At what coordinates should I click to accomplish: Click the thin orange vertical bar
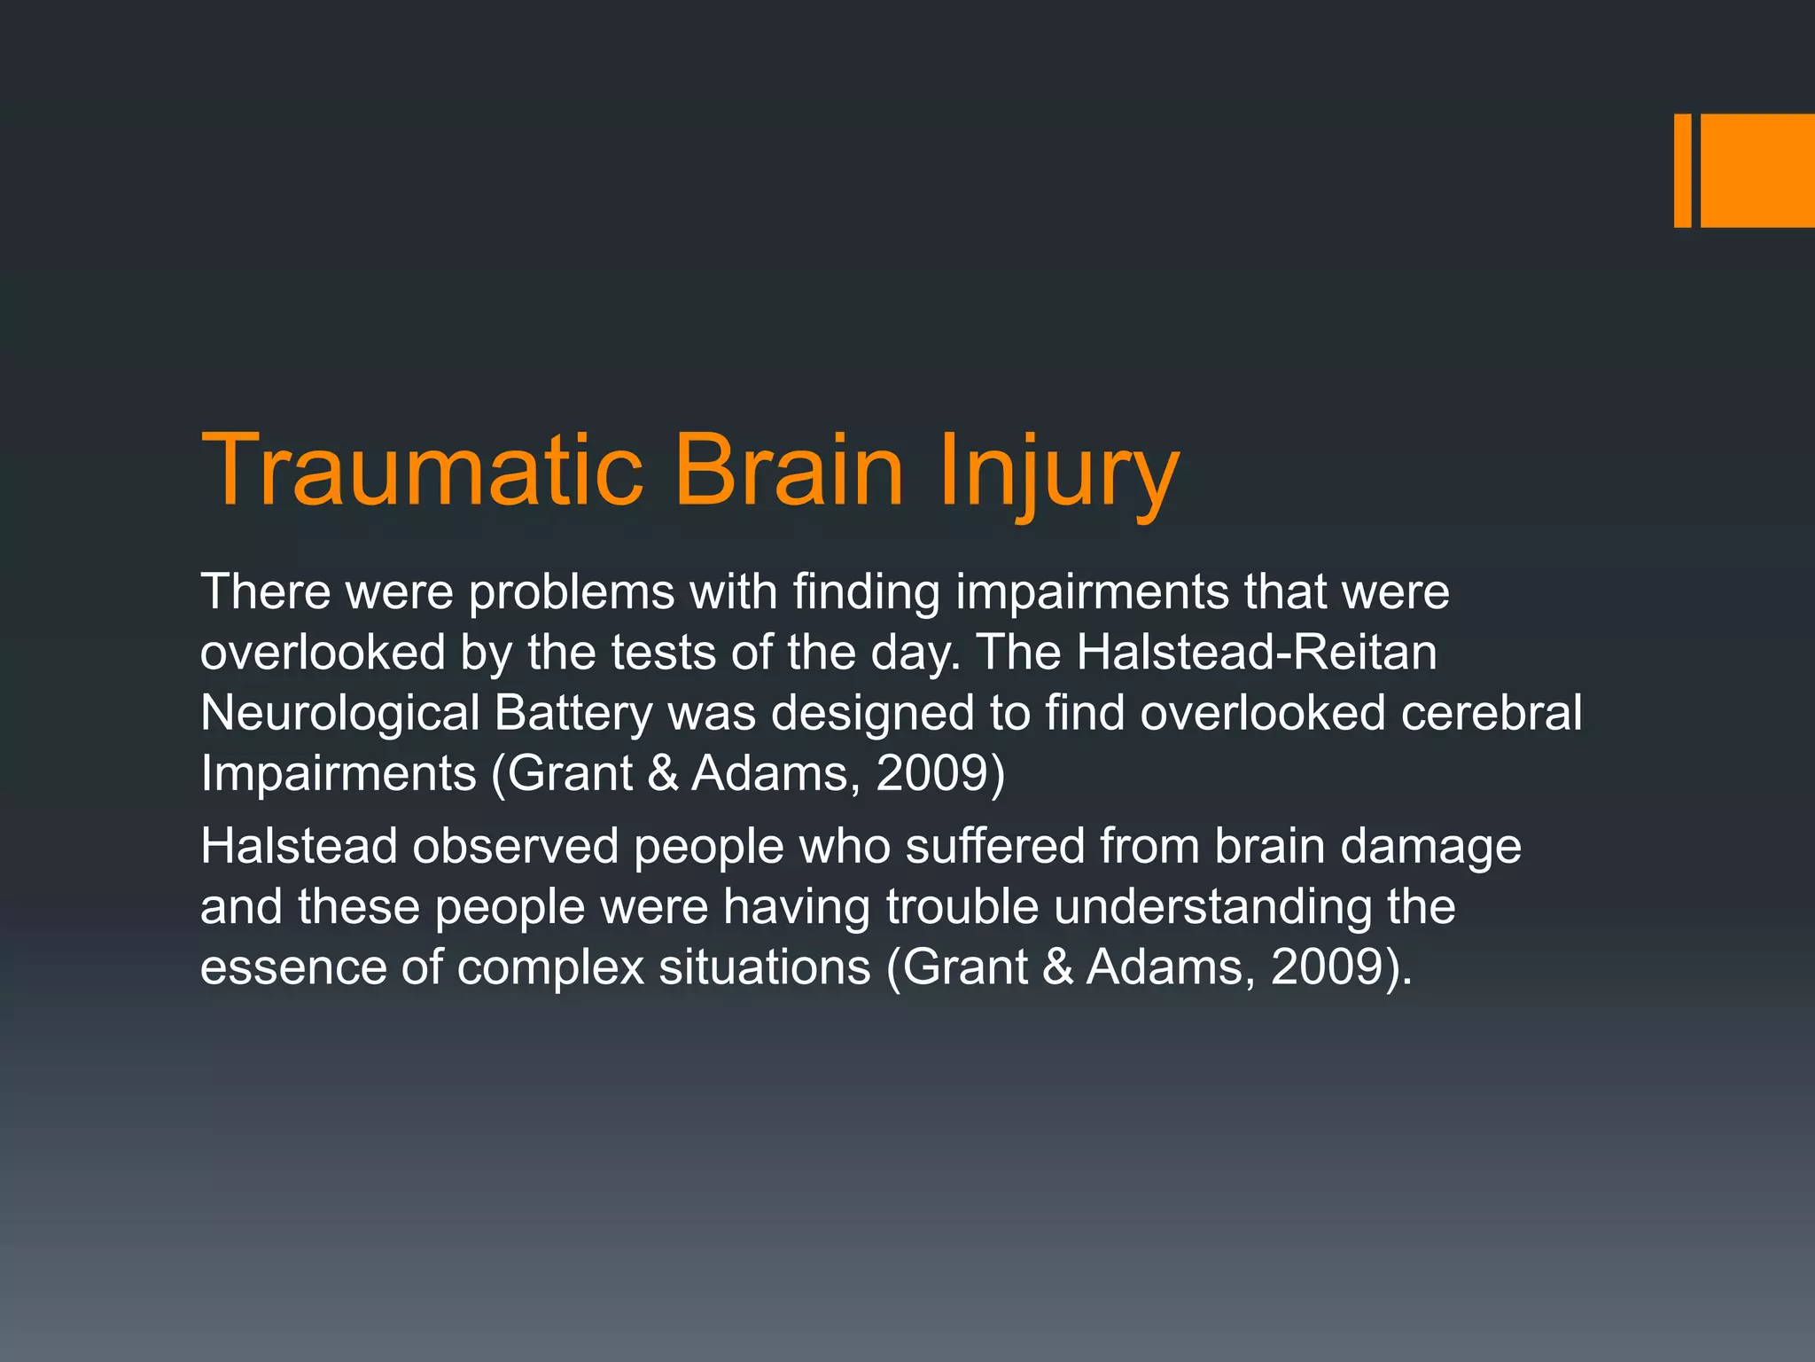coord(1682,170)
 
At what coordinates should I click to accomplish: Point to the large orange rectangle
coord(1757,170)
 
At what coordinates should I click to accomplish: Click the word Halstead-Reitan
coord(1257,653)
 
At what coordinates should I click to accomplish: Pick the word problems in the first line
coord(572,592)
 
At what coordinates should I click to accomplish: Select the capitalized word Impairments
coord(338,774)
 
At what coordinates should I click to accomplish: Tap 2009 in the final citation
coord(1327,967)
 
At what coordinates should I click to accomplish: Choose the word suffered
coord(994,846)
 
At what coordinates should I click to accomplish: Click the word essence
coord(292,967)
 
